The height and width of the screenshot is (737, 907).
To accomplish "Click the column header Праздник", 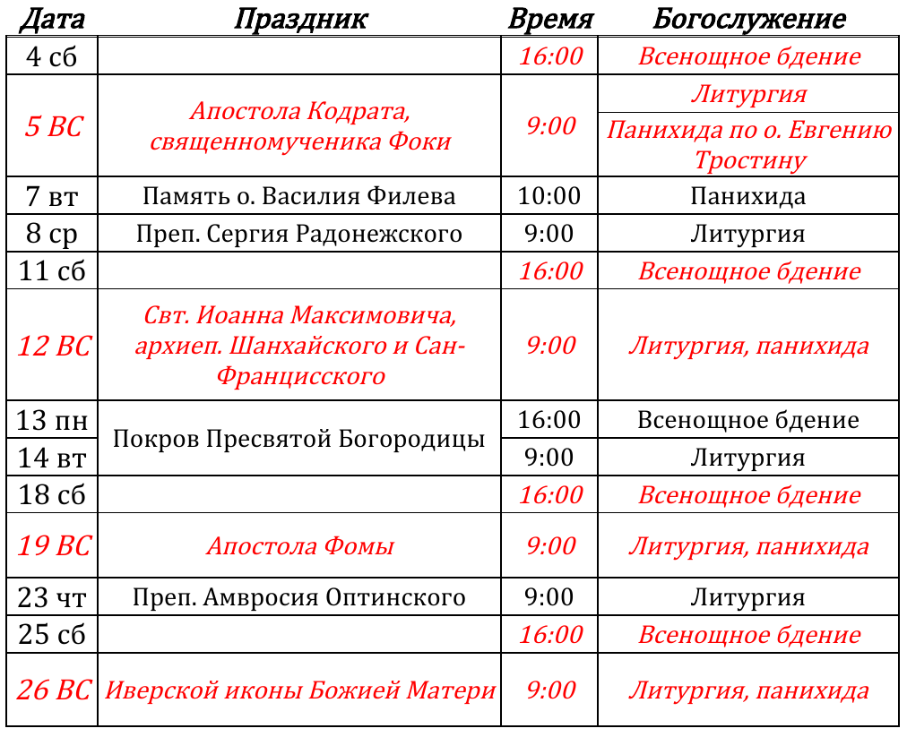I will [300, 19].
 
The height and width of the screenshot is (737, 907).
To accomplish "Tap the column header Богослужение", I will [748, 19].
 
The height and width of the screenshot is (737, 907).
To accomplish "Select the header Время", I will [550, 19].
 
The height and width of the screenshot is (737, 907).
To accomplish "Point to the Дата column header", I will [52, 19].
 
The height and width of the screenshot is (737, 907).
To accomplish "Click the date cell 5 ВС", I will [52, 126].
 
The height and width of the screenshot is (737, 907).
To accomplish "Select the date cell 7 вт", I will [52, 195].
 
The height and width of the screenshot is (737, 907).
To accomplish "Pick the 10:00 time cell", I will [549, 195].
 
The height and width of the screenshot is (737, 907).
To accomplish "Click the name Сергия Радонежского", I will [333, 234].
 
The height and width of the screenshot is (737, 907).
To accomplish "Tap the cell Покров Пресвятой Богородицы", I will [299, 439].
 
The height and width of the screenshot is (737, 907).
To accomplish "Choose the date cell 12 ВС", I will [52, 345].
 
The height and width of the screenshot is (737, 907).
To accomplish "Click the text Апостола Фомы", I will [299, 546].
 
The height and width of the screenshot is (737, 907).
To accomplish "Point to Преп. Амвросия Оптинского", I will [299, 597].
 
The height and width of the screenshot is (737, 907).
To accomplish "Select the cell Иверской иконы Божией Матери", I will [299, 690].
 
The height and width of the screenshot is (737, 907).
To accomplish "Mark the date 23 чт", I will [52, 597].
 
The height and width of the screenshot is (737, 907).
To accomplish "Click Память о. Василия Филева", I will [299, 195].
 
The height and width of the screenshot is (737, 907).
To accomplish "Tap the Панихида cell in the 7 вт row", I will [748, 195].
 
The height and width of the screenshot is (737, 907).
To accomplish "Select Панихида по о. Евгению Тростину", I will [748, 145].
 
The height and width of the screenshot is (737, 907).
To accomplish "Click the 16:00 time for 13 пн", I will [549, 419].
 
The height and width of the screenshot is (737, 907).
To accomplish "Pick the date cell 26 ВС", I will [52, 690].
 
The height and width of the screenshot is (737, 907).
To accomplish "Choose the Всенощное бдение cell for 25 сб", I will [748, 635].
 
